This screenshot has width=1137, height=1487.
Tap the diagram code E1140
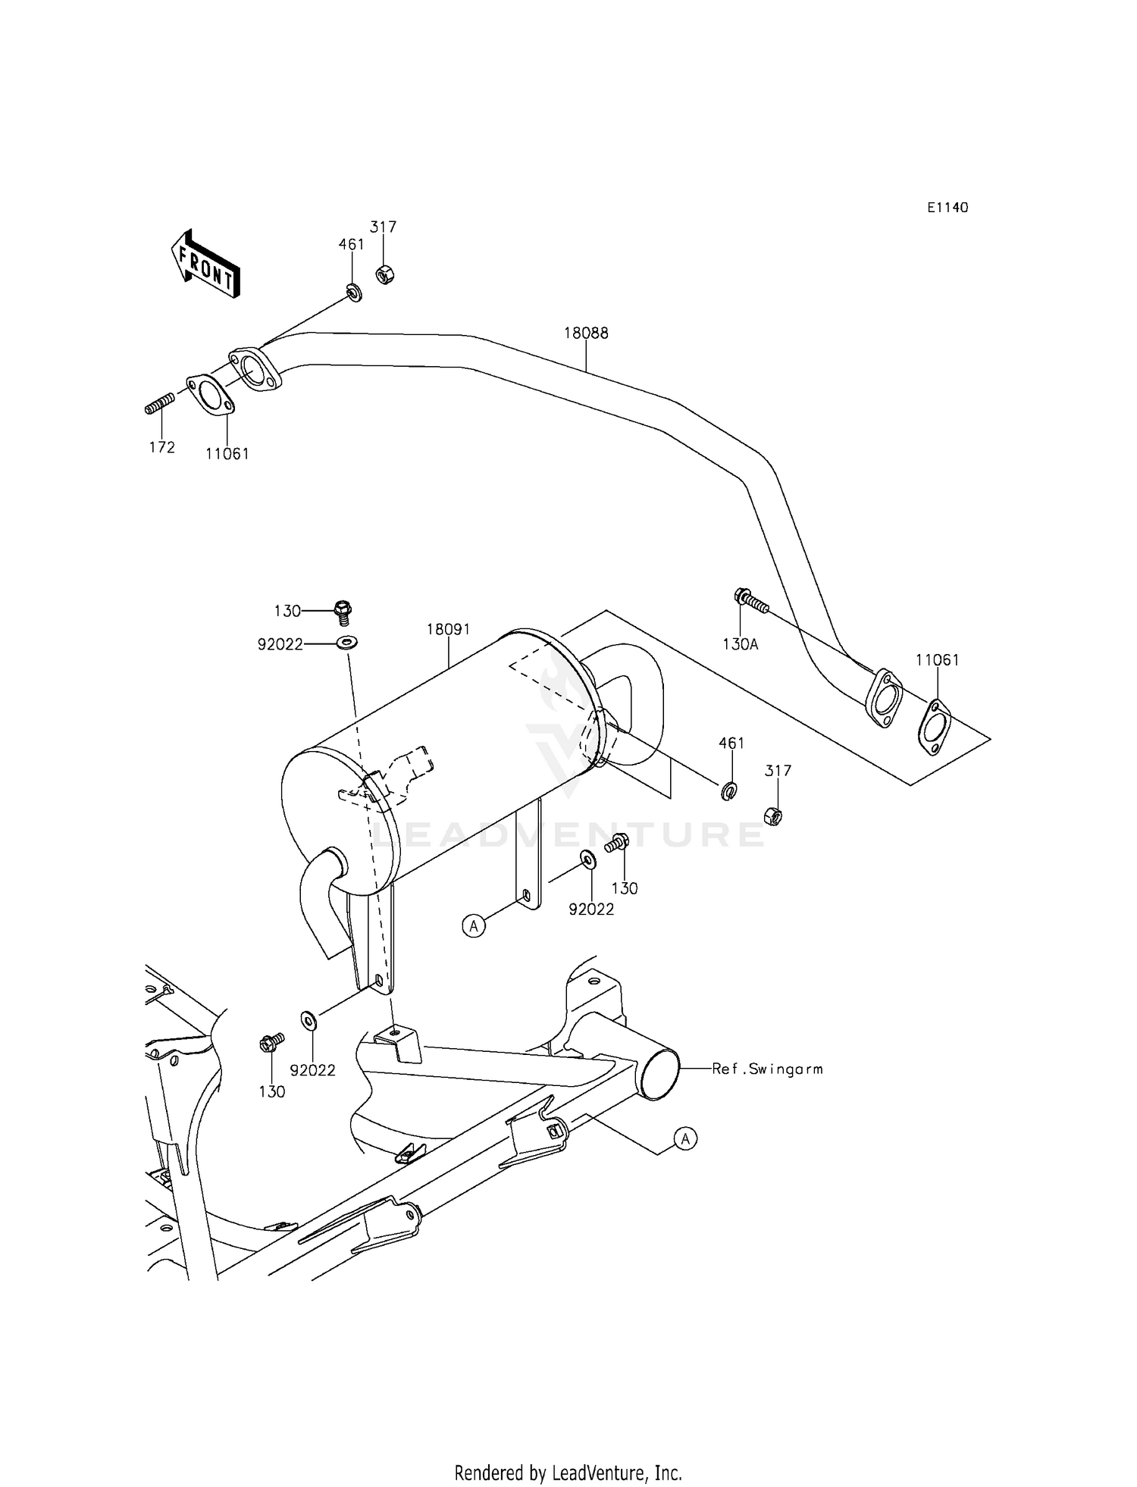click(947, 208)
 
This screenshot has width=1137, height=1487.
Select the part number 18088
click(586, 333)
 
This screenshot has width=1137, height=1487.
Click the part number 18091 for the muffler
click(448, 629)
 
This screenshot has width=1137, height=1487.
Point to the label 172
click(162, 447)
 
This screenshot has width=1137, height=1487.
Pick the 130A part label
click(740, 644)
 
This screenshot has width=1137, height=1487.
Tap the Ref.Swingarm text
click(767, 1069)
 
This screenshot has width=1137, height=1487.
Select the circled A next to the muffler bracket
click(474, 925)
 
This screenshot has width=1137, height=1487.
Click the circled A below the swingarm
click(685, 1138)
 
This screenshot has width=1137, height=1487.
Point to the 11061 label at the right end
click(937, 660)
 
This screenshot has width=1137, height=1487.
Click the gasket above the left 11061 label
click(210, 395)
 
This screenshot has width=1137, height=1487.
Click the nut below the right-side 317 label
click(773, 816)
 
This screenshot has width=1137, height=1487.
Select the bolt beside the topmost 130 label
click(343, 609)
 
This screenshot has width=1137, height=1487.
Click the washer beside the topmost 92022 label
click(347, 643)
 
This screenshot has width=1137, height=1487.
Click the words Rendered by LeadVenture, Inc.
click(568, 1473)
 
